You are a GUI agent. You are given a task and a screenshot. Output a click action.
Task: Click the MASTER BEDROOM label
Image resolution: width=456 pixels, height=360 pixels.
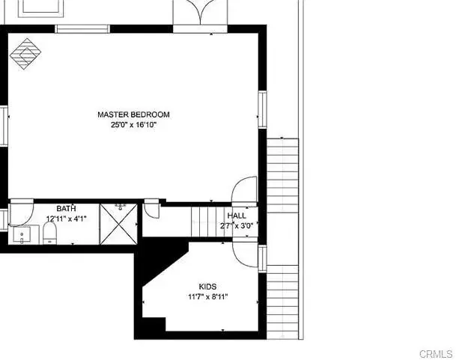click(x=133, y=115)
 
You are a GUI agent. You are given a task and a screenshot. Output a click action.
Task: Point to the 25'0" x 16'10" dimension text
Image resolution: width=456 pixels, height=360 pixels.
click(x=134, y=125)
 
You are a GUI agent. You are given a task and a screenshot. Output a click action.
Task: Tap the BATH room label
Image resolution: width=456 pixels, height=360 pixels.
click(x=67, y=209)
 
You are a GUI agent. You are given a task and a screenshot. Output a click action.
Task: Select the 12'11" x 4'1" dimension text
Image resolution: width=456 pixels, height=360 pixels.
click(x=67, y=219)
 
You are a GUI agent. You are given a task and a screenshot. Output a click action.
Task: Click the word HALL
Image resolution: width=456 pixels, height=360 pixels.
click(x=237, y=216)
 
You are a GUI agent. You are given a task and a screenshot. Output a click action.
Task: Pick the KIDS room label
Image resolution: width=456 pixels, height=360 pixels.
click(x=207, y=287)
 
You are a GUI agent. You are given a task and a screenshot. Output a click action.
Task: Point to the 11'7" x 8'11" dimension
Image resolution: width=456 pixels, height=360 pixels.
click(x=208, y=297)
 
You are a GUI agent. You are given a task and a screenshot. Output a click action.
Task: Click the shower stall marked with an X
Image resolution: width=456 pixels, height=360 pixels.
click(x=118, y=224)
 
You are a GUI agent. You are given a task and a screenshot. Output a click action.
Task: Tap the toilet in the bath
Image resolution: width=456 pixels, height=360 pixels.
click(x=49, y=233)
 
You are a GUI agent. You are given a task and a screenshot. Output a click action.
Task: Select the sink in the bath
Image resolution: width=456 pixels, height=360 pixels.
click(x=22, y=235)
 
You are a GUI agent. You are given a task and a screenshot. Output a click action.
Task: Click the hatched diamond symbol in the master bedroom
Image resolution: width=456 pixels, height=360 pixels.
click(x=25, y=54)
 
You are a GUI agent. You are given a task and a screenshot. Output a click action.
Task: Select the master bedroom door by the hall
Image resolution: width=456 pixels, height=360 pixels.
click(x=243, y=189)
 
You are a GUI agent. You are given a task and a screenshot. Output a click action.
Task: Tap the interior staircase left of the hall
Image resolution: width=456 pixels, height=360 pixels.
click(x=207, y=222)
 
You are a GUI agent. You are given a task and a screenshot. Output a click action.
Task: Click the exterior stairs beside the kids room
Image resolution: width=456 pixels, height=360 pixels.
click(x=283, y=302)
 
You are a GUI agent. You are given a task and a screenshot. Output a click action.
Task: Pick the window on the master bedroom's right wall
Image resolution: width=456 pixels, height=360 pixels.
click(x=262, y=109)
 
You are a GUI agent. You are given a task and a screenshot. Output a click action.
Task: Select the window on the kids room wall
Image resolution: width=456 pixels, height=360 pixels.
click(x=262, y=259)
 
